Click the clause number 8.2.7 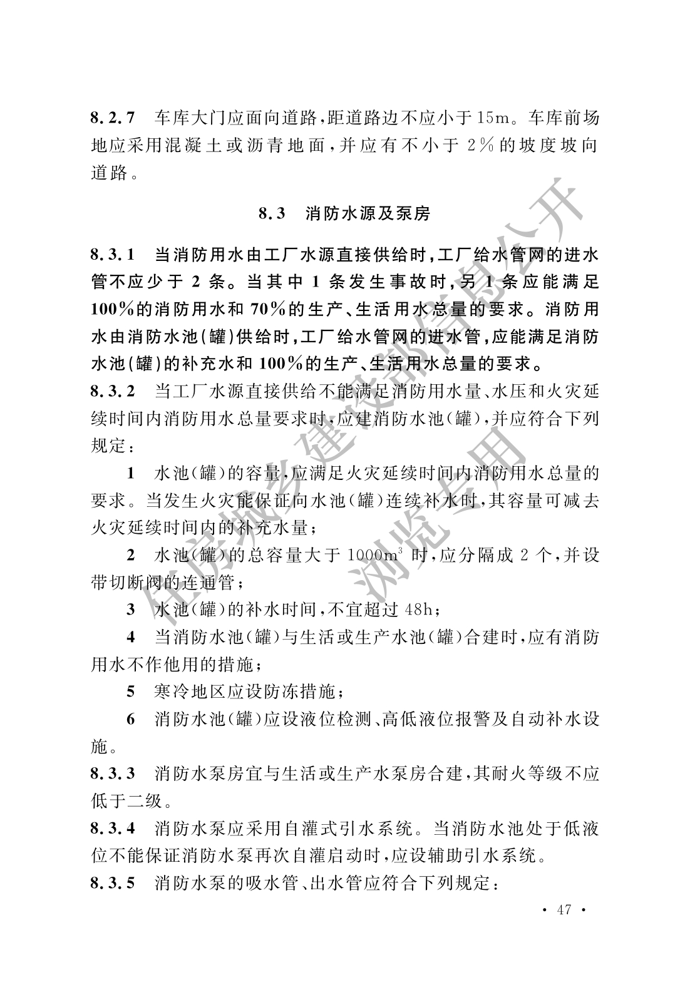tap(113, 118)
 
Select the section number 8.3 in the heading tap(272, 214)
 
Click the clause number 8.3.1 tap(113, 255)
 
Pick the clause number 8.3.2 tap(113, 392)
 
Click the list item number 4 tap(131, 638)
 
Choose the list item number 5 tap(131, 692)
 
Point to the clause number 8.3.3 tap(113, 774)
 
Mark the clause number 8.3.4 tap(113, 829)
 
